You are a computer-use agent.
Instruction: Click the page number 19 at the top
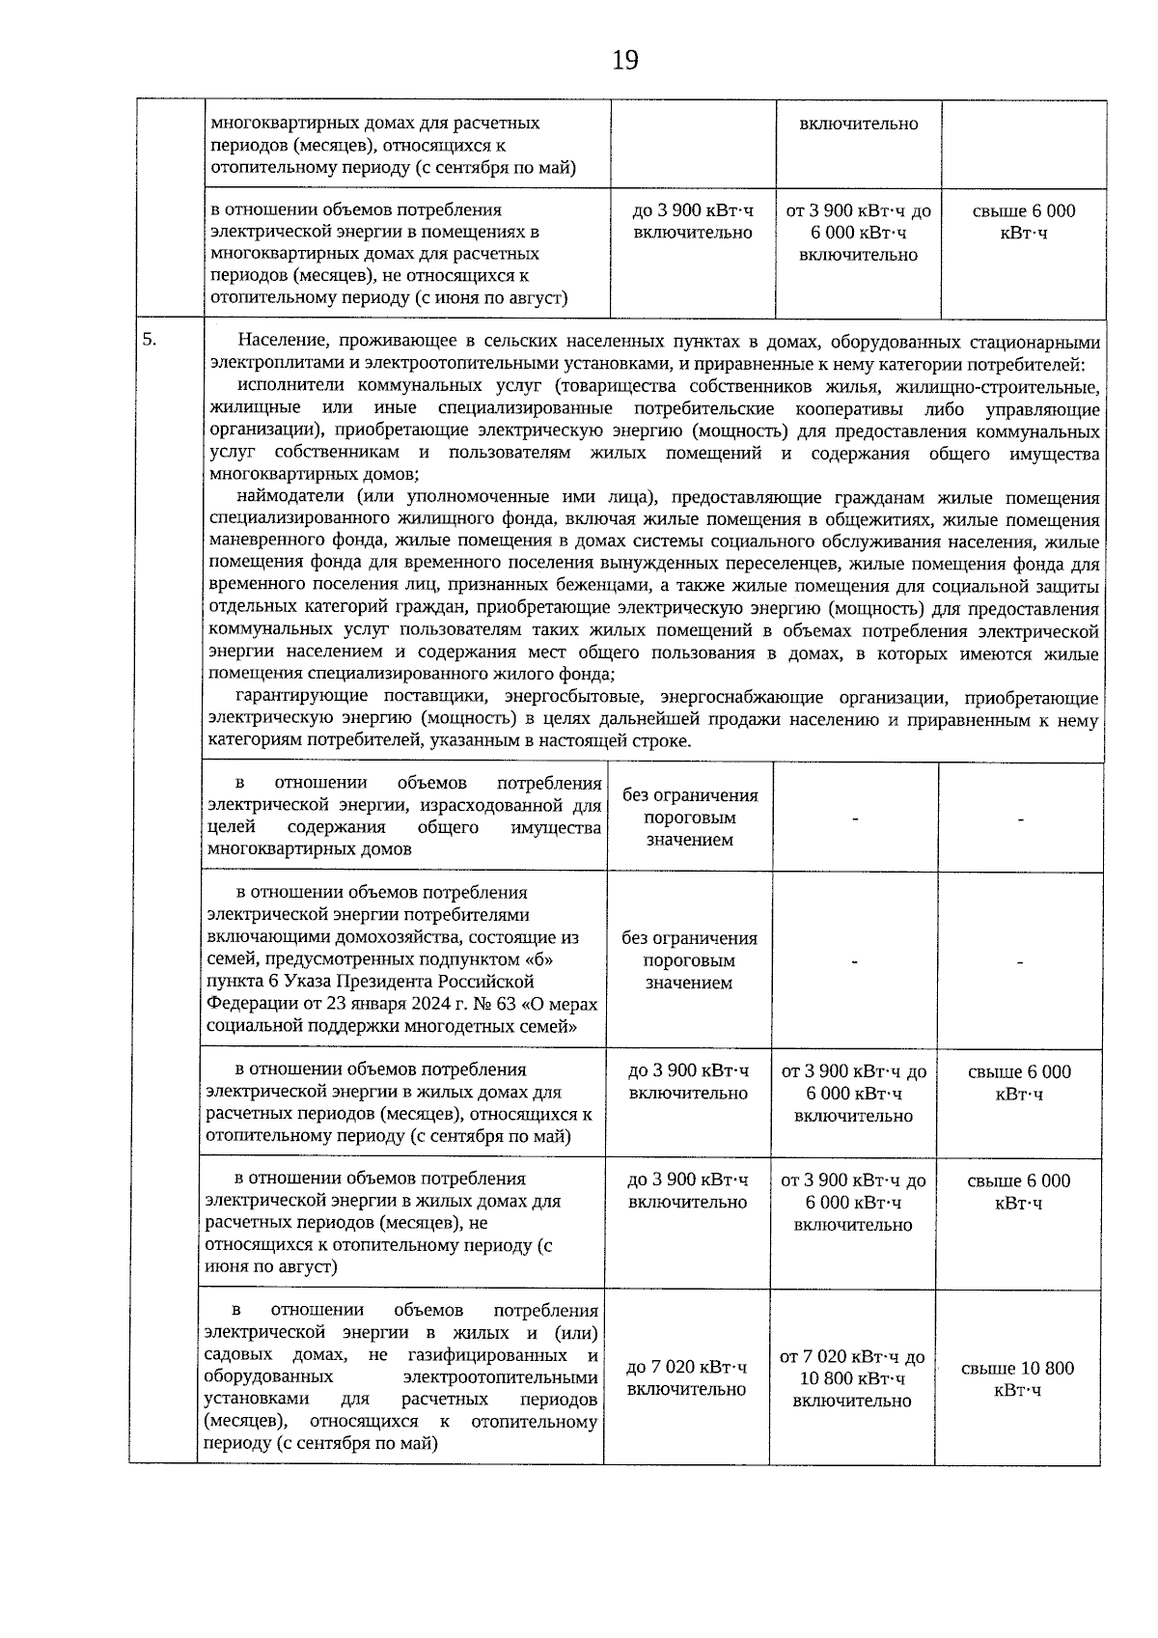(624, 61)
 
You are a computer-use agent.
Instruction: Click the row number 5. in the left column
(150, 339)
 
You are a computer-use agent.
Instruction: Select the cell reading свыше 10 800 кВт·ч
(1017, 1378)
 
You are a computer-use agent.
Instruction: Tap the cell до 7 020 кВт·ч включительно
(686, 1377)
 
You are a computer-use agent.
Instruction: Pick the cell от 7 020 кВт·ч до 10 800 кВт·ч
(852, 1377)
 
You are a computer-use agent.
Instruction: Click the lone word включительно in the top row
(858, 124)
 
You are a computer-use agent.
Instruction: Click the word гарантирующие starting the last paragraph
(303, 698)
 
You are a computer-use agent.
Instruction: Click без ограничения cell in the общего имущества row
(689, 817)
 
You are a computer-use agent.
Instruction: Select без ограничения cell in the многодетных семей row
(689, 960)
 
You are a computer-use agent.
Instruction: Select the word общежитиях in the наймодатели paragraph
(879, 520)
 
